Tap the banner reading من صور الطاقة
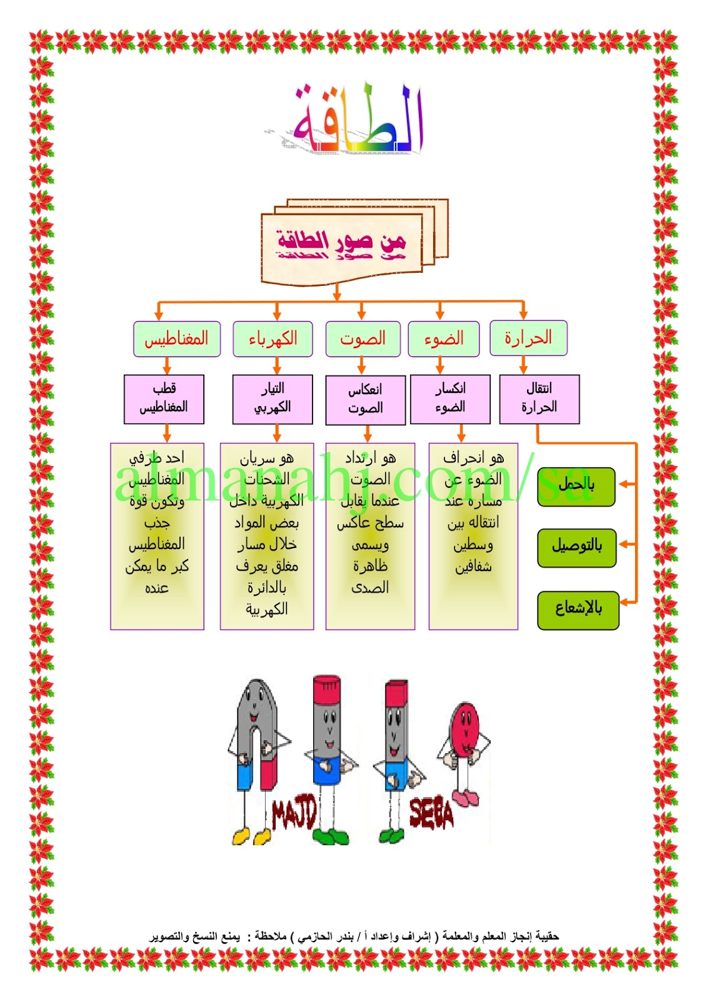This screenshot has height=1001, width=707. [341, 245]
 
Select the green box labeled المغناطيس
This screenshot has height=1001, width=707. [176, 339]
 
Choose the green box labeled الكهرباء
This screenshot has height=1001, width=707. [273, 339]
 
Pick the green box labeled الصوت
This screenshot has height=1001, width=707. [363, 339]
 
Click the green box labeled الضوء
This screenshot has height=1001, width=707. [444, 339]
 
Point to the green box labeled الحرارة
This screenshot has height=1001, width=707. [528, 338]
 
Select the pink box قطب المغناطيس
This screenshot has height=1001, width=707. [164, 399]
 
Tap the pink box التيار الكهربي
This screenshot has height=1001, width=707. [273, 399]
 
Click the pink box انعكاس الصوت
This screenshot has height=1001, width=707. [366, 399]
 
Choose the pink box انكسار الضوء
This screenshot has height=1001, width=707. [450, 399]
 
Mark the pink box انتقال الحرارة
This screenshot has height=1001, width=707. [539, 399]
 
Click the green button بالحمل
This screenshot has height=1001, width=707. [576, 486]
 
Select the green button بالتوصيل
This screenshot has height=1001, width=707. [576, 547]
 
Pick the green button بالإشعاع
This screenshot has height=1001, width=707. [578, 609]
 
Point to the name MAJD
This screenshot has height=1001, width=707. [294, 813]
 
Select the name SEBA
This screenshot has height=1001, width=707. [431, 813]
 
